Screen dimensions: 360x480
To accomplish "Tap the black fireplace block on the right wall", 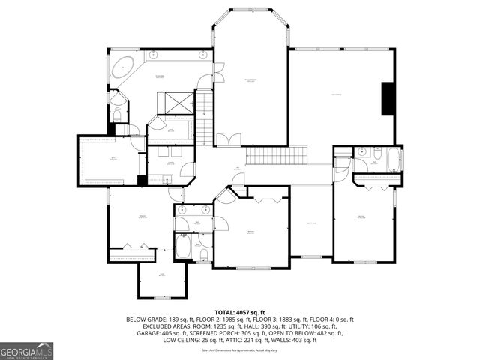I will (x=388, y=99).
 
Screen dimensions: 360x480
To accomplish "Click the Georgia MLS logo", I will (x=25, y=350).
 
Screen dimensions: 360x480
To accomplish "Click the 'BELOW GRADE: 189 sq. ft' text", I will (x=157, y=319).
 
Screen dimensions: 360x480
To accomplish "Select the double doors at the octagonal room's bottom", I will (x=229, y=140).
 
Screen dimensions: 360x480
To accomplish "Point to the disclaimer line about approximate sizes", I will (x=240, y=350).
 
